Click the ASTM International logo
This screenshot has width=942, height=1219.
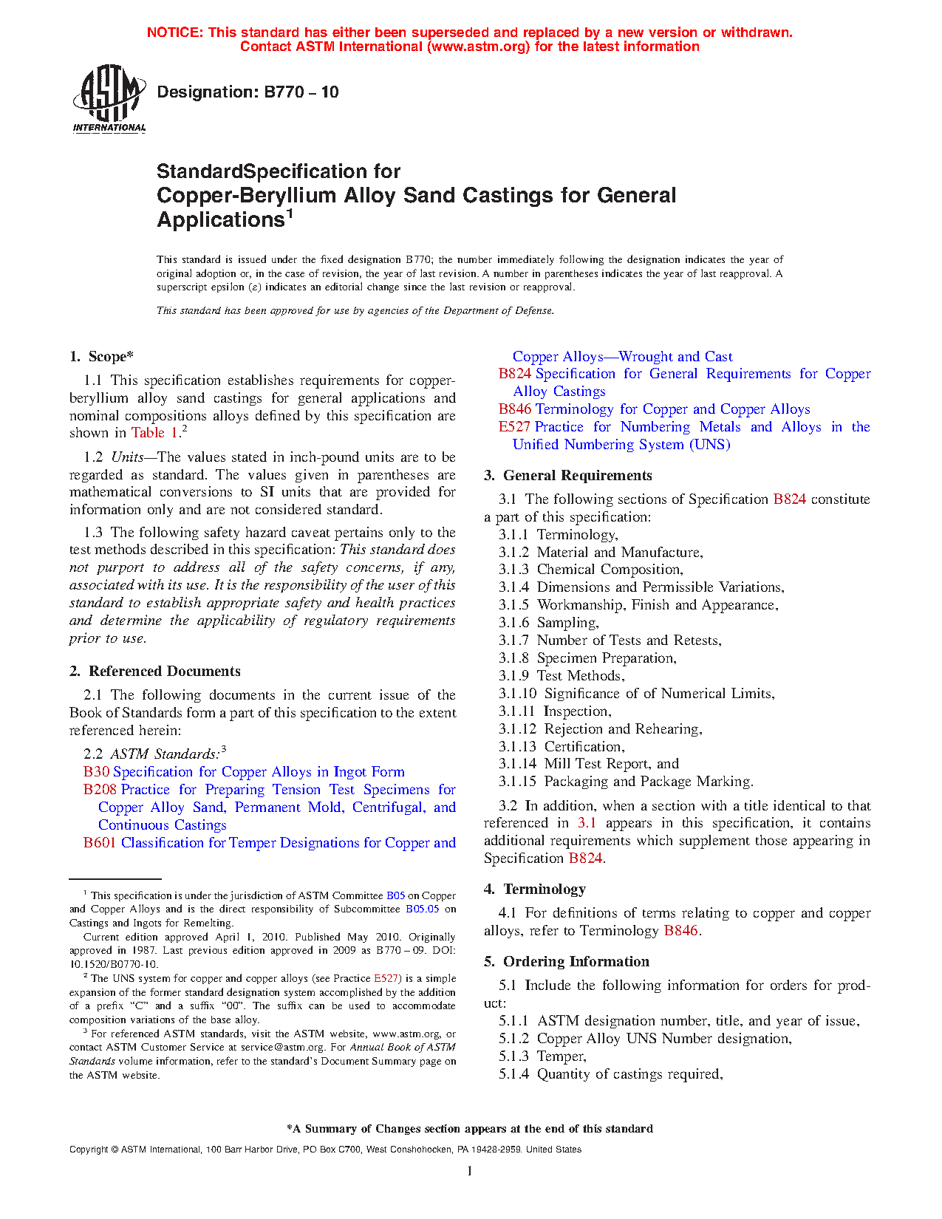[x=109, y=98]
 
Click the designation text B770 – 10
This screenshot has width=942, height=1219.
[x=248, y=92]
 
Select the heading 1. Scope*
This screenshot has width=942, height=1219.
[x=101, y=357]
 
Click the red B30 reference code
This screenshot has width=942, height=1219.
[x=96, y=772]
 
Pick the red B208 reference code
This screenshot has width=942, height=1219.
[x=100, y=790]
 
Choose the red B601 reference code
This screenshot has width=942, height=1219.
[x=100, y=843]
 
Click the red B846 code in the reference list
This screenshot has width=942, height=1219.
[x=514, y=409]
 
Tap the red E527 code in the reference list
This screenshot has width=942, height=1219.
[x=514, y=427]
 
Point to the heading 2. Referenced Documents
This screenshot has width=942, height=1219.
[x=154, y=672]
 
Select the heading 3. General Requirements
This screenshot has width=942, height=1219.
[x=567, y=476]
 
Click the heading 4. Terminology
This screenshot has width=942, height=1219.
[x=534, y=890]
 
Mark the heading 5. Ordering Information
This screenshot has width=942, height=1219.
[x=566, y=962]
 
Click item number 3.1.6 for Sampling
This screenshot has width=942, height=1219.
[x=513, y=623]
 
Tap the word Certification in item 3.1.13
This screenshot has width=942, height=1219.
[x=584, y=747]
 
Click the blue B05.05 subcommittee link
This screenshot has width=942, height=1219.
[x=422, y=909]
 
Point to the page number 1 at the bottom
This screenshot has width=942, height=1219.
[x=470, y=1171]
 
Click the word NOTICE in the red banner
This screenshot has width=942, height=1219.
[x=174, y=33]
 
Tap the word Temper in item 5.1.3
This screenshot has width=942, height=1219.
[x=561, y=1056]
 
